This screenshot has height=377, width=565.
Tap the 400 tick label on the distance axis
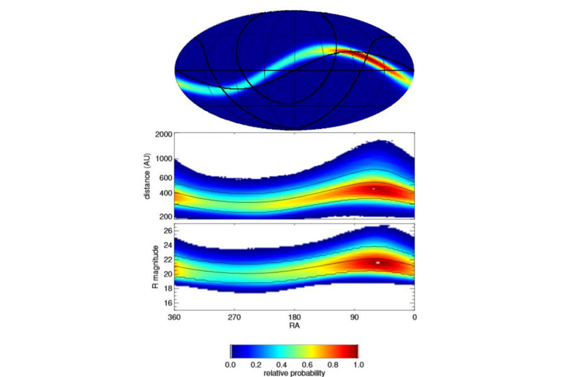point(164,194)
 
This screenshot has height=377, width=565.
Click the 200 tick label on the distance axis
point(164,216)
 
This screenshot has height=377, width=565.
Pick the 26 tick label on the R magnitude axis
point(166,231)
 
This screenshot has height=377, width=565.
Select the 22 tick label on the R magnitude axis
point(166,260)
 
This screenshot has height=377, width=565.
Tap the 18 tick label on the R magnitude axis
point(166,288)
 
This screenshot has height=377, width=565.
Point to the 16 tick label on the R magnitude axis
point(166,303)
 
